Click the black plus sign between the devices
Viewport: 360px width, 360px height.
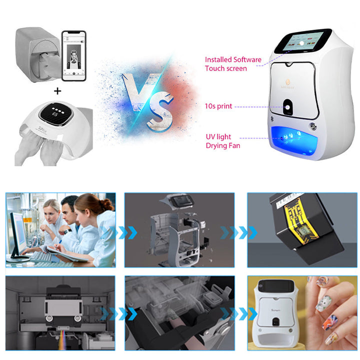click(57, 91)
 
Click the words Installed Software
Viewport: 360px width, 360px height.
click(233, 60)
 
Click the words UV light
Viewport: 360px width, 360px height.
click(218, 137)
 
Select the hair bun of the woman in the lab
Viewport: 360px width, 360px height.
click(106, 204)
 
